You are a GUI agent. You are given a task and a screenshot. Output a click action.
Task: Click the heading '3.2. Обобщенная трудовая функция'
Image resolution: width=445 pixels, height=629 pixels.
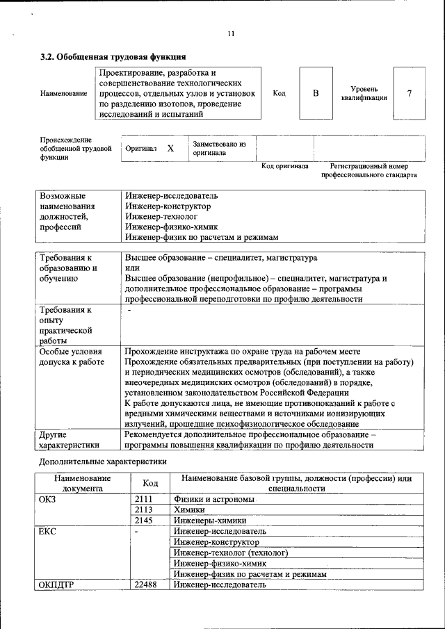(x=112, y=56)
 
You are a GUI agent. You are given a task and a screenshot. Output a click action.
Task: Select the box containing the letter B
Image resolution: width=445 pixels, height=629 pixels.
(x=315, y=93)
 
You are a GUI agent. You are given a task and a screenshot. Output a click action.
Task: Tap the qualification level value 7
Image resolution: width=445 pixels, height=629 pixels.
(x=409, y=93)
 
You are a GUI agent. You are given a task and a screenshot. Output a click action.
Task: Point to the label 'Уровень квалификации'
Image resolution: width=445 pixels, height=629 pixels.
(x=364, y=93)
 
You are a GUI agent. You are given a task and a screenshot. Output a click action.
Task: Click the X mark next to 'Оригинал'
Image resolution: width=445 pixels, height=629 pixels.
(x=170, y=149)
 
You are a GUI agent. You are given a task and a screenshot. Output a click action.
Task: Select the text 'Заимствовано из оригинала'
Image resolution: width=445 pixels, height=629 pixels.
(x=219, y=148)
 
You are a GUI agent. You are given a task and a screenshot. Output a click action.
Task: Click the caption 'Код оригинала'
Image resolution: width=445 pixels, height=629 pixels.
(x=284, y=166)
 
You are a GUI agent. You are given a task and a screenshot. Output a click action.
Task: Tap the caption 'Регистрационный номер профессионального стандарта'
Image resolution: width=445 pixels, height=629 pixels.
(x=369, y=171)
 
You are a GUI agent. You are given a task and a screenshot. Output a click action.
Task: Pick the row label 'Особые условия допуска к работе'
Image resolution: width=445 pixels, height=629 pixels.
(x=72, y=357)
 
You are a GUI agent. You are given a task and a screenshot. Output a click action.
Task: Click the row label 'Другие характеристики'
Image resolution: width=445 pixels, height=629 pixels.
(x=69, y=440)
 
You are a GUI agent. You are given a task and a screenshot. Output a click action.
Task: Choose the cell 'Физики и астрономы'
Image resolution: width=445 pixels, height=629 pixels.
(x=214, y=499)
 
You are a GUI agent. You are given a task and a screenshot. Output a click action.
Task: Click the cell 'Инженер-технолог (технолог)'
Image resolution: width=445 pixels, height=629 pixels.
(x=230, y=553)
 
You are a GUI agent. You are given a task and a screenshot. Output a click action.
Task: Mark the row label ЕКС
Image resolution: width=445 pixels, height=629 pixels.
(x=49, y=531)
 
